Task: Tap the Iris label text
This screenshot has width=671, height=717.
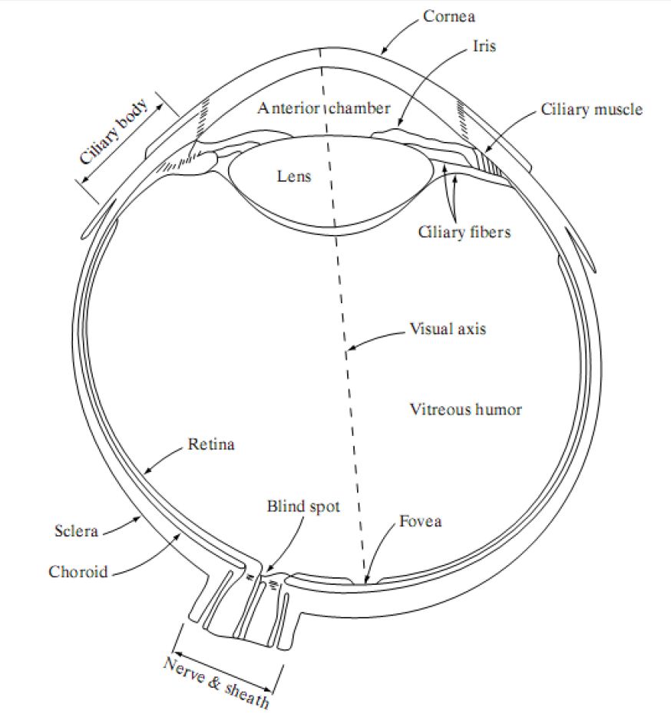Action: pos(484,46)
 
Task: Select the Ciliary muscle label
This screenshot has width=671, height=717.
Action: pos(591,109)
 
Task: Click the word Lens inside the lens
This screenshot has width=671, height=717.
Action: pos(294,177)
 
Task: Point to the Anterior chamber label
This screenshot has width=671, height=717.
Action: pos(324,107)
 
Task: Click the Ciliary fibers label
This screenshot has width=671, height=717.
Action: pos(464,231)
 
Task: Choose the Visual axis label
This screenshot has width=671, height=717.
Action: pos(448,329)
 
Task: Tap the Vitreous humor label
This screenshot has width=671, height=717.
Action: pos(465,409)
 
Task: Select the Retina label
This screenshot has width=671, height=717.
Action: pos(210,444)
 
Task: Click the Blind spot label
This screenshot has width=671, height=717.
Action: pos(302,506)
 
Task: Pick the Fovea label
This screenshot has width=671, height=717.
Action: pos(420,522)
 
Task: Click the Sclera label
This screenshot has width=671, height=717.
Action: pos(76,530)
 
